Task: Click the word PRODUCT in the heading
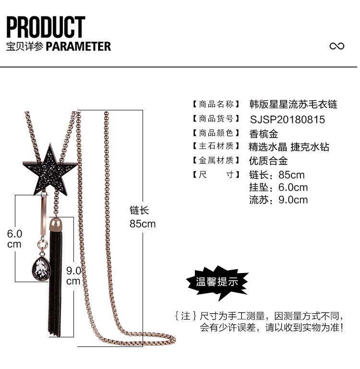(46, 27)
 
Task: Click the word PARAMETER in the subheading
(78, 47)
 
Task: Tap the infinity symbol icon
(336, 46)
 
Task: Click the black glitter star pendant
(50, 169)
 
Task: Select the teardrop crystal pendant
(41, 269)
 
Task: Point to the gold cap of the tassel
(56, 225)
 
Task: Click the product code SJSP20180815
(287, 119)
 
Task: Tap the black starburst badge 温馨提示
(217, 283)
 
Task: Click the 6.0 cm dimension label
(14, 239)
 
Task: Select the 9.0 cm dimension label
(73, 276)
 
